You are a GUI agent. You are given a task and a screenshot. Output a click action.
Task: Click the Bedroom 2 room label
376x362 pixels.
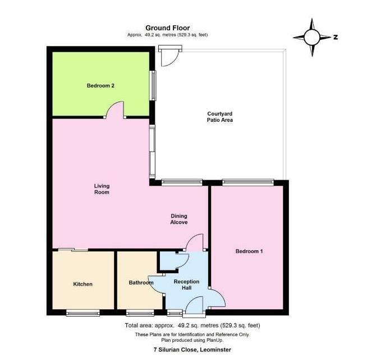click(100, 86)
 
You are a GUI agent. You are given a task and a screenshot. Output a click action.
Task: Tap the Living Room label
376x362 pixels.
click(102, 189)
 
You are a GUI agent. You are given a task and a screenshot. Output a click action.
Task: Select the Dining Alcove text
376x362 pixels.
click(178, 219)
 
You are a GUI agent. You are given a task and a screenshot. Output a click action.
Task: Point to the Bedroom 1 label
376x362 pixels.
click(249, 251)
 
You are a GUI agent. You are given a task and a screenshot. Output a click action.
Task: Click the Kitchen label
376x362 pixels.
click(82, 284)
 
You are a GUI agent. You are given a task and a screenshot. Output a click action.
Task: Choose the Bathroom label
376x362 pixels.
click(141, 283)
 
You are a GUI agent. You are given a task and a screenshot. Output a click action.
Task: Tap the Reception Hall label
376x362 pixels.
click(182, 284)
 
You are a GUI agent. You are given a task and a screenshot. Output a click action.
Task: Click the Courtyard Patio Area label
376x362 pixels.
click(219, 117)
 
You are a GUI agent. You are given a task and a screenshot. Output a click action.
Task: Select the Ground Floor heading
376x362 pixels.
click(167, 27)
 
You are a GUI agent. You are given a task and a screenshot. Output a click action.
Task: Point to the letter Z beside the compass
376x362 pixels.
click(335, 38)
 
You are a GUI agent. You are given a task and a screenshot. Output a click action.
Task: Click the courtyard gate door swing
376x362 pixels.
click(170, 57)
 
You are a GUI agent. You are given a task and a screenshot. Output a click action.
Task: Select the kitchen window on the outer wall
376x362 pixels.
click(82, 313)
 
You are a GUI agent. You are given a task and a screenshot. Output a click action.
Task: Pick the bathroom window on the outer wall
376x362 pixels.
click(140, 313)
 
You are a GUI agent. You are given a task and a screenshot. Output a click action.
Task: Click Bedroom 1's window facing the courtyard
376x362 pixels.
click(247, 181)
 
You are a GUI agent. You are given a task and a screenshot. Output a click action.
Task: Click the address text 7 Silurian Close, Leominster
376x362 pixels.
click(192, 350)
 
